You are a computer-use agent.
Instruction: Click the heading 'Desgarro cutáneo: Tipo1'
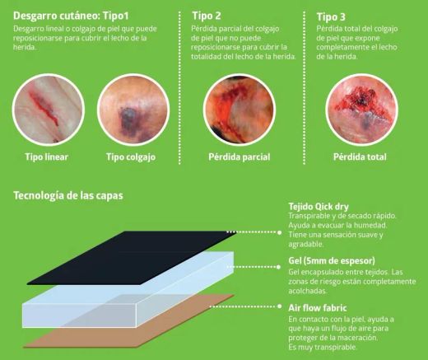coord(71,16)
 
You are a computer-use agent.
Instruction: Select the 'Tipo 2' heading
coord(207,16)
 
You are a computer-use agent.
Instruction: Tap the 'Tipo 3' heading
coord(331,16)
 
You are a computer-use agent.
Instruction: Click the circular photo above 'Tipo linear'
coord(49,110)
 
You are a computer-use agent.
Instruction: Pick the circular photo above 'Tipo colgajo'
coord(133,110)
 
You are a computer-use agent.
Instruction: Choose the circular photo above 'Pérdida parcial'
coord(240,110)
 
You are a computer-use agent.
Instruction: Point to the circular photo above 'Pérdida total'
coord(361,110)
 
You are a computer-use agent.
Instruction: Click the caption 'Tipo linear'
coord(47,157)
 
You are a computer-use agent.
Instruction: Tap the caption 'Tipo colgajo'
coord(131,157)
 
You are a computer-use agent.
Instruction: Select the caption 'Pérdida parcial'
coord(240,157)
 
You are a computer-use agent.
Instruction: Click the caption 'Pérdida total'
coord(360,157)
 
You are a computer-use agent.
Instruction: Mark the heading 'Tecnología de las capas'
coord(68,196)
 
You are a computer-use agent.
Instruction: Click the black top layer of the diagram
coord(131,258)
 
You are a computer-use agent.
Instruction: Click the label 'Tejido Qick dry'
coord(319,207)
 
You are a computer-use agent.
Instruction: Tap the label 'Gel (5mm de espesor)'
coord(332,260)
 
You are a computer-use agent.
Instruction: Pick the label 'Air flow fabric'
coord(318,308)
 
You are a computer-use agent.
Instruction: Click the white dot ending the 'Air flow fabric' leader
coord(279,306)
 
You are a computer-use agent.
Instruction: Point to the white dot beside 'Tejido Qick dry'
coord(279,232)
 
